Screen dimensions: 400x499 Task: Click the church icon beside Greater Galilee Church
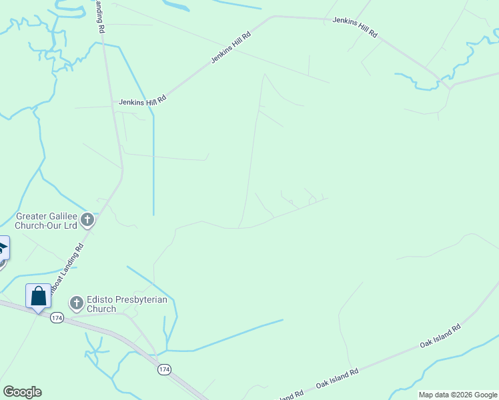click(87, 220)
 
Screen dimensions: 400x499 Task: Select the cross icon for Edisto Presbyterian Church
click(77, 304)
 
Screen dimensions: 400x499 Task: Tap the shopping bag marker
click(38, 295)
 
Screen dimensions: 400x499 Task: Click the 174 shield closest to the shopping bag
click(57, 318)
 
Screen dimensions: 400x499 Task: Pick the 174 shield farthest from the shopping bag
click(163, 369)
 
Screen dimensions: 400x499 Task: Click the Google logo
click(22, 392)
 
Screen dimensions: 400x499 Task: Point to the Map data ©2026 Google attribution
click(458, 395)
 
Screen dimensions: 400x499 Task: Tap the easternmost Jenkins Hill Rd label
click(355, 27)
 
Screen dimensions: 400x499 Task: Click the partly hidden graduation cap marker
click(3, 250)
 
